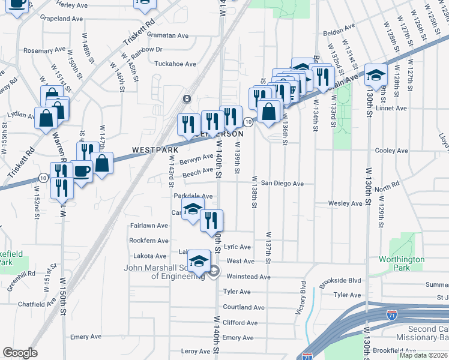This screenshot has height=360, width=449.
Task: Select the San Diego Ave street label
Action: click(x=282, y=184)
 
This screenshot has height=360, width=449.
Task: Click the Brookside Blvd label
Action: click(x=340, y=280)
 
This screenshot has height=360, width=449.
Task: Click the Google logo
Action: click(x=19, y=353)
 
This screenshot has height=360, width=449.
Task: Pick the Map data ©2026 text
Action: click(x=424, y=355)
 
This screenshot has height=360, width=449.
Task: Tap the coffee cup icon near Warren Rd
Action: click(x=82, y=171)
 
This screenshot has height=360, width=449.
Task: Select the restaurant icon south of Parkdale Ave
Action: click(x=211, y=220)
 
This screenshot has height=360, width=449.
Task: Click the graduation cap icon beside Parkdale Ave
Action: click(x=193, y=210)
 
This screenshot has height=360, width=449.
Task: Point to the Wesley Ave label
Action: click(x=345, y=204)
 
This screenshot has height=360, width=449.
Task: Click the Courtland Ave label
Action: click(x=244, y=307)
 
